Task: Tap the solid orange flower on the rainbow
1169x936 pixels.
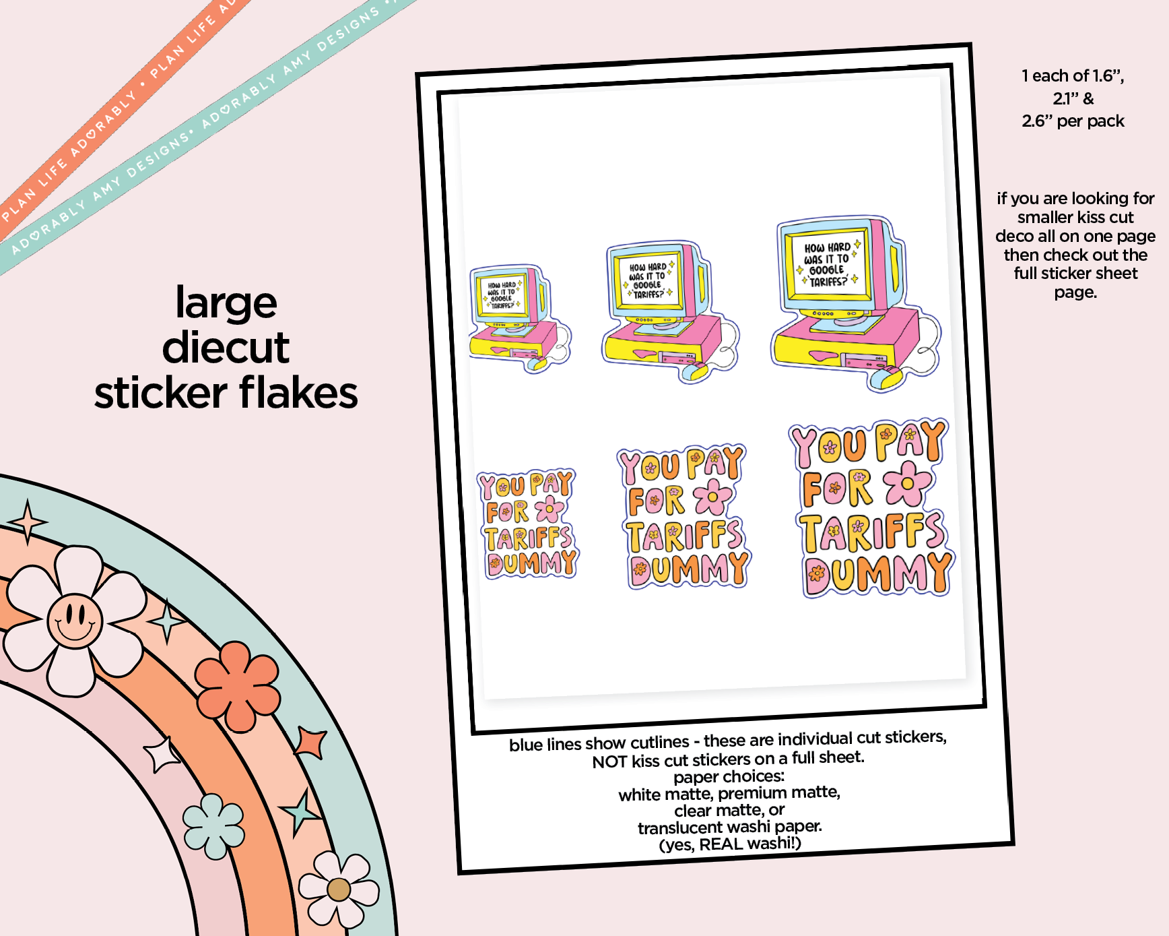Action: coord(238,686)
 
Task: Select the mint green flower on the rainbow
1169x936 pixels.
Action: coord(213,826)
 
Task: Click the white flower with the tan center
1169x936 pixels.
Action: coord(339,890)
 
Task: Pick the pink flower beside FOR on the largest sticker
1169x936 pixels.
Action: coord(908,483)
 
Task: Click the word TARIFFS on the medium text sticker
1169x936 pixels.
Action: coord(685,536)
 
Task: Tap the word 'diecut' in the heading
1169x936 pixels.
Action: coord(226,348)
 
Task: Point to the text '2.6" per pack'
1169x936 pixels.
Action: coord(1073,121)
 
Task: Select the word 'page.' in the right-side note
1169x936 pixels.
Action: coord(1075,292)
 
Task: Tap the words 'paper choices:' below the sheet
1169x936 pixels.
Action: coord(729,777)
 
